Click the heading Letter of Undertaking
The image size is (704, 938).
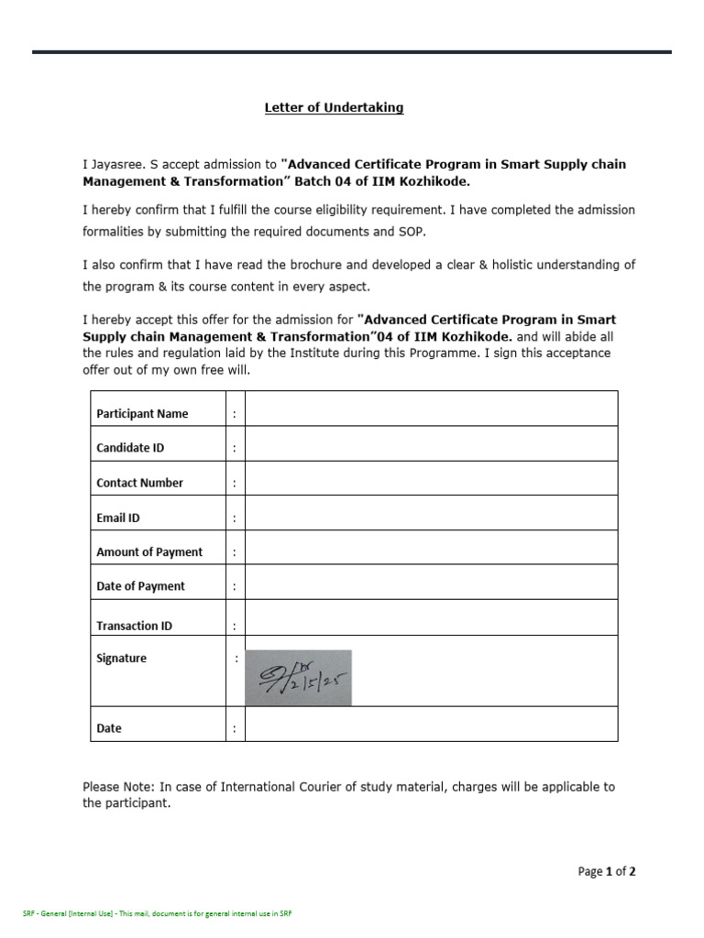coord(334,108)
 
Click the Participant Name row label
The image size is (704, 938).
coord(142,413)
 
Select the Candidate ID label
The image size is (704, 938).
coord(130,448)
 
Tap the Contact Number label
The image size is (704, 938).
coord(139,483)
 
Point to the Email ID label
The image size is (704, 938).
coord(118,518)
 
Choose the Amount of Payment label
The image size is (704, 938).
coord(149,551)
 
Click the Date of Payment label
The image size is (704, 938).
coord(140,586)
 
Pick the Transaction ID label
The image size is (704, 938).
coord(134,626)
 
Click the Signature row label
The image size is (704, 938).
coord(121,658)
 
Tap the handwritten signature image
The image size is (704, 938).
coord(298,678)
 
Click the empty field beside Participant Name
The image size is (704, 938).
coord(431,409)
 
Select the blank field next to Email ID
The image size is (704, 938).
coord(431,513)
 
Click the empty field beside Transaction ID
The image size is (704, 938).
coord(431,617)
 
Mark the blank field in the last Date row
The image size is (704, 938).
coord(431,724)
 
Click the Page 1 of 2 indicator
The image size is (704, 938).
coord(607,871)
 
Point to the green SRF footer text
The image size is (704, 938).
coord(157,914)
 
